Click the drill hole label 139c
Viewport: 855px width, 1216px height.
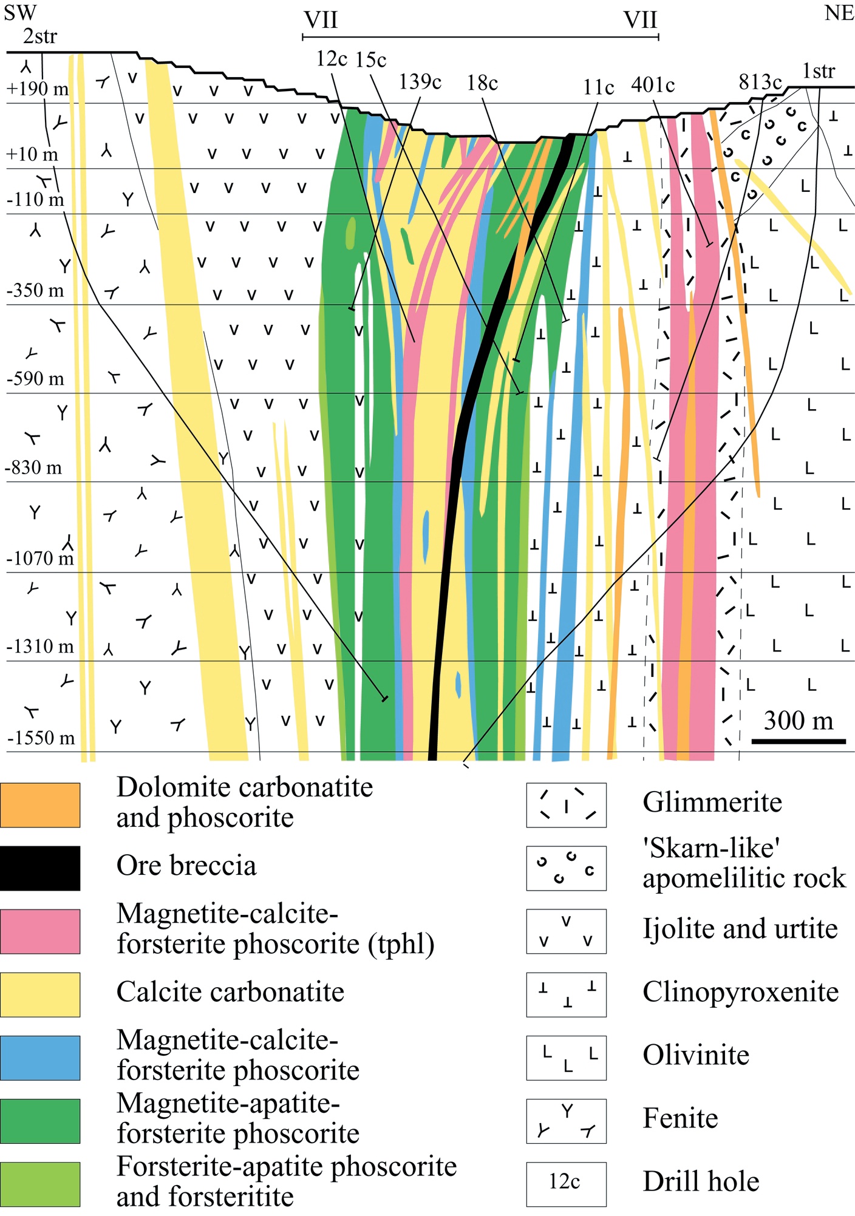coord(420,81)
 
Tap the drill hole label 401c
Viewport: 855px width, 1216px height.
coord(653,84)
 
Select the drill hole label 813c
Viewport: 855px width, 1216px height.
coord(760,81)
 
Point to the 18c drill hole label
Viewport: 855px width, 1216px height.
coord(482,83)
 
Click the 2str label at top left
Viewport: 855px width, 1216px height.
coord(40,36)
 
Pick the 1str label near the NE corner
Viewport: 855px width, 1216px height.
coord(818,71)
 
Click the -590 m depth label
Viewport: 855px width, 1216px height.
coord(35,378)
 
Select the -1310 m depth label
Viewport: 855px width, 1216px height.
coord(40,646)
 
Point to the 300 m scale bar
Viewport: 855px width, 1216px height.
coord(799,741)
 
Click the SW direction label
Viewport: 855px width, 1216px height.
coord(20,12)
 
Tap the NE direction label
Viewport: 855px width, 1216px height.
coord(839,12)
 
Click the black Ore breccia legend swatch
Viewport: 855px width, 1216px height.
coord(40,868)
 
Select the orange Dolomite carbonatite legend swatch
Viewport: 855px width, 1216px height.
coord(40,805)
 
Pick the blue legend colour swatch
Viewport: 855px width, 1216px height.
coord(40,1058)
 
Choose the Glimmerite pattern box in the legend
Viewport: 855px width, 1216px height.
coord(566,805)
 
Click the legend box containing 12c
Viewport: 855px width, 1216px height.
coord(566,1184)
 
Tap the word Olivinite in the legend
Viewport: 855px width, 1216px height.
coord(696,1055)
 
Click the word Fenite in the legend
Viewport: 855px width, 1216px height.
coord(680,1118)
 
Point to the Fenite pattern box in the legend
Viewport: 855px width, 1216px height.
coord(566,1121)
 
